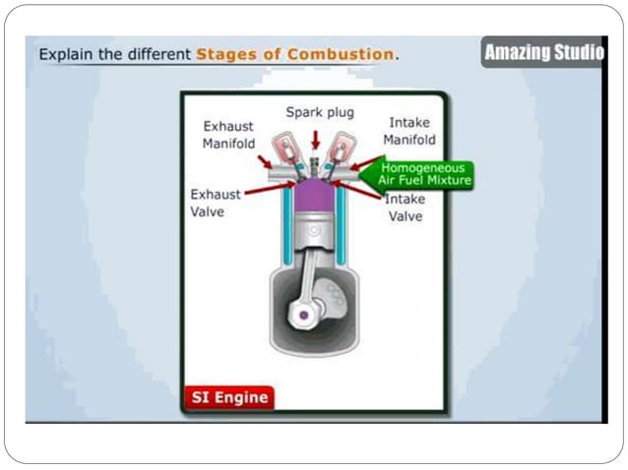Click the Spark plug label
[x=320, y=112]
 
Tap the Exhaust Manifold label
[x=228, y=135]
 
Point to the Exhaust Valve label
[x=216, y=202]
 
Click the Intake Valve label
[x=405, y=206]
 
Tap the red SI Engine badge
[x=227, y=398]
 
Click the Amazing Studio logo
[x=542, y=52]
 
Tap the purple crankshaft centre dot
[x=304, y=315]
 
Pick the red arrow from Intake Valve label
[x=358, y=191]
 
